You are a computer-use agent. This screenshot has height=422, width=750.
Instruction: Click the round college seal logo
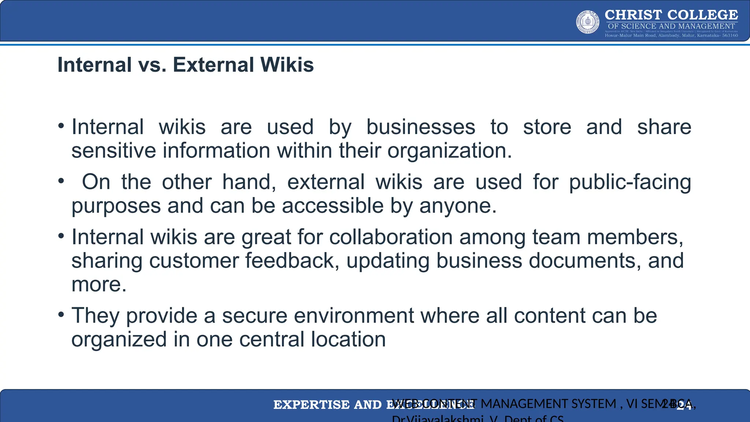588,22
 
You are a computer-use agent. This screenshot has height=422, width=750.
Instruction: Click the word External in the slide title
213,65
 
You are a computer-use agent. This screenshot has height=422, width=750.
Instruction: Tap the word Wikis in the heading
287,65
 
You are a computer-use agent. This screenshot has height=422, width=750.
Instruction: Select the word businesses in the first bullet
421,127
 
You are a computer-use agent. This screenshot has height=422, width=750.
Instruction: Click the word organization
449,151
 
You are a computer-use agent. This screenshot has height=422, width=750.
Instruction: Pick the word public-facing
630,182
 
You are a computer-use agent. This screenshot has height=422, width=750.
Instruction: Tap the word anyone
458,206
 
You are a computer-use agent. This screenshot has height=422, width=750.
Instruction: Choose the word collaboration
391,237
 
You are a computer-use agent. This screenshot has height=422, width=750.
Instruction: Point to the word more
99,285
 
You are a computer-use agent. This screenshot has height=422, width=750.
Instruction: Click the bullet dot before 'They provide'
61,314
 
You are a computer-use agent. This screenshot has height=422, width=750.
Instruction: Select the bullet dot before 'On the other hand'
61,181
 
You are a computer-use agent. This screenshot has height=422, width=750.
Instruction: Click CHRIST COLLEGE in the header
671,15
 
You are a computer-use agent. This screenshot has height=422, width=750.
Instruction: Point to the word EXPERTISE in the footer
311,405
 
